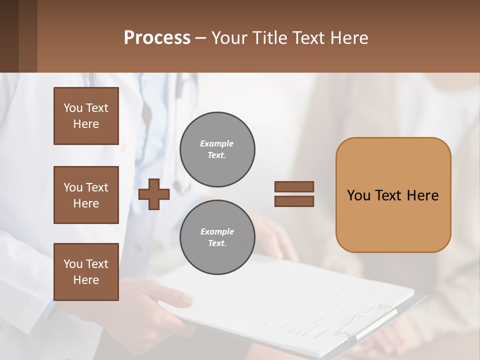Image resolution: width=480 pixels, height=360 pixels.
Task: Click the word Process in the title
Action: click(157, 37)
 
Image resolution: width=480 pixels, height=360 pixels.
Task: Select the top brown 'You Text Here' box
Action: click(86, 116)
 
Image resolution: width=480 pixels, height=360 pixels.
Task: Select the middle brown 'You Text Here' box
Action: click(86, 195)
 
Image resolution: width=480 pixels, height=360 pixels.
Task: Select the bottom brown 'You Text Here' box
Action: click(86, 272)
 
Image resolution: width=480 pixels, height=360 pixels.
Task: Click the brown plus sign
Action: click(154, 194)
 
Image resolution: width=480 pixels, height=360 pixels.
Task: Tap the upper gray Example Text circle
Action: click(217, 149)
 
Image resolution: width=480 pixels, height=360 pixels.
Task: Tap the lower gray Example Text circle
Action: click(217, 237)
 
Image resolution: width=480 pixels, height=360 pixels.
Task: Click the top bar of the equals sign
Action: click(294, 186)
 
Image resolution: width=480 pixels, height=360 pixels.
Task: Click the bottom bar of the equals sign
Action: click(294, 201)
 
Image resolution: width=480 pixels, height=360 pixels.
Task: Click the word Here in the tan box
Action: click(422, 195)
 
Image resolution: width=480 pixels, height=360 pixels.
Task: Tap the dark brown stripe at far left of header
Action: click(9, 36)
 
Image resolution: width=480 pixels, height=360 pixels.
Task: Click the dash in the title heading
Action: click(201, 38)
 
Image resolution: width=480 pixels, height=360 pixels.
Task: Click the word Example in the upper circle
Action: click(217, 143)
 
